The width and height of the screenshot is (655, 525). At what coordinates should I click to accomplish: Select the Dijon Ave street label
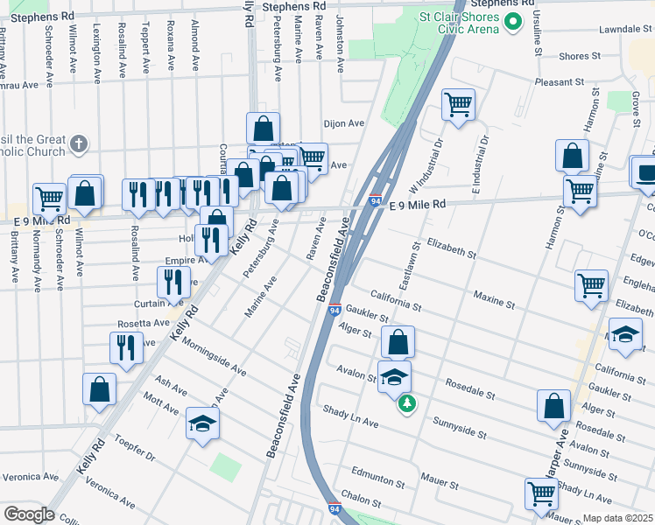click(x=343, y=123)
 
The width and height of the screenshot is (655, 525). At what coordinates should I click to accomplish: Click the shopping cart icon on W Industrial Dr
click(x=458, y=106)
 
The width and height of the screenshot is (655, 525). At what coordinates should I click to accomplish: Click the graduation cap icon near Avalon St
click(x=394, y=377)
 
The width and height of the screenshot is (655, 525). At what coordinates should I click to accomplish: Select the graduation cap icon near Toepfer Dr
click(x=203, y=424)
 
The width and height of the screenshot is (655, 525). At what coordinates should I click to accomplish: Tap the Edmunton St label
click(x=377, y=481)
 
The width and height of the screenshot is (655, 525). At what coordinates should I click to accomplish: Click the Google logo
click(x=29, y=514)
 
